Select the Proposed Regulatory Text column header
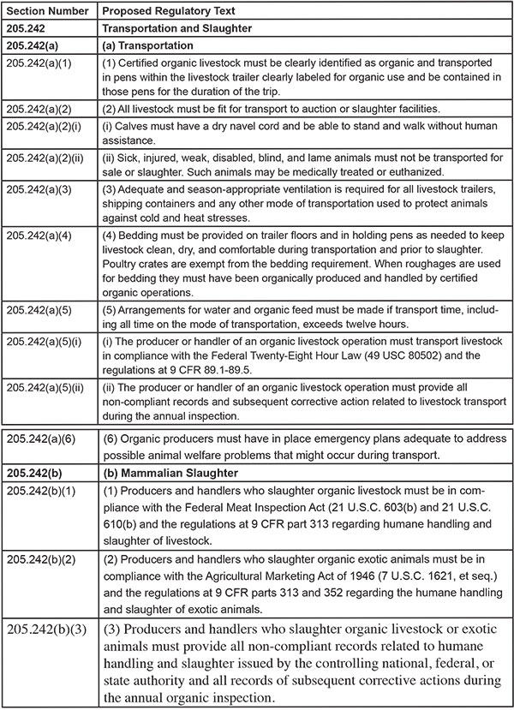(x=160, y=9)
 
